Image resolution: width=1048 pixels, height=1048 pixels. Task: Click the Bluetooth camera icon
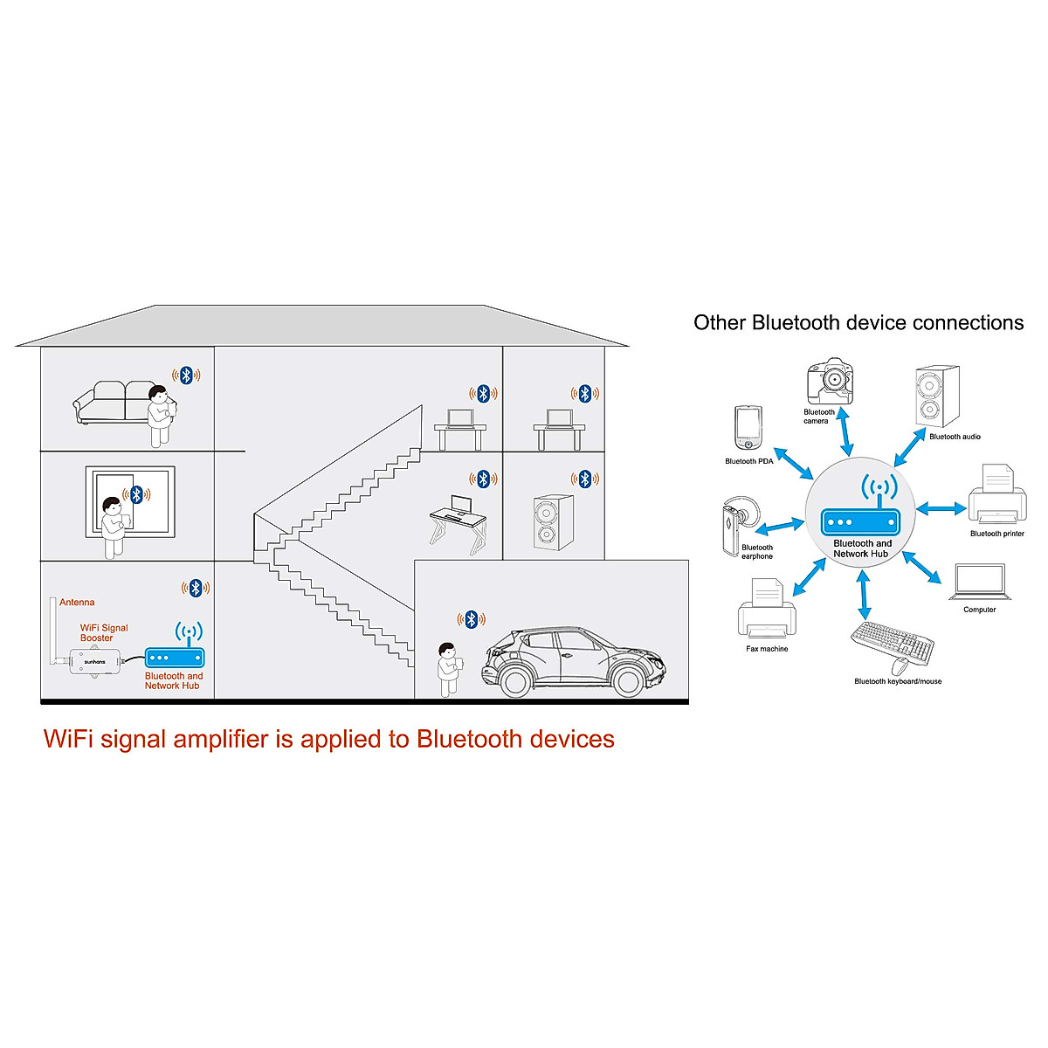(x=828, y=381)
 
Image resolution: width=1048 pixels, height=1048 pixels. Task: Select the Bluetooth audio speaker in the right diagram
(x=937, y=397)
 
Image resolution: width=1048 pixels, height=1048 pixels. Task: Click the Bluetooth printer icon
(x=996, y=495)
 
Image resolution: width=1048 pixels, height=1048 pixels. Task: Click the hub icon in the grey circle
(x=859, y=522)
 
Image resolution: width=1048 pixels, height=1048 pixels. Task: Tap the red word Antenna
(x=77, y=603)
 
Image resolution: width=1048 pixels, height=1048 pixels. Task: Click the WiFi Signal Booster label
(x=104, y=632)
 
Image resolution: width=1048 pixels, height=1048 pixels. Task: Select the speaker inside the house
(x=554, y=522)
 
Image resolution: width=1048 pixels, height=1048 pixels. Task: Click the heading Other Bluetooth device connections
(x=858, y=323)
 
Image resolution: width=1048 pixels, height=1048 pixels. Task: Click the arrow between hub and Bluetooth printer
(x=941, y=508)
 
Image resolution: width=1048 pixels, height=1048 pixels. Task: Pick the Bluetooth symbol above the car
(x=472, y=619)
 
